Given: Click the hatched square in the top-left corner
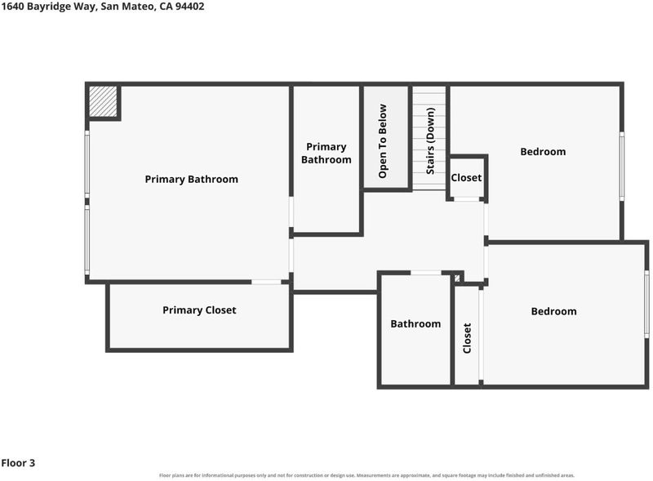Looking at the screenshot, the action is (104, 101).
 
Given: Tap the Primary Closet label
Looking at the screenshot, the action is (199, 310).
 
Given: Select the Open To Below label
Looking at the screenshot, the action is (382, 141).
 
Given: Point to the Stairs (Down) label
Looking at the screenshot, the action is (430, 141).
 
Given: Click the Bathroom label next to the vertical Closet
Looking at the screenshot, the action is (415, 324).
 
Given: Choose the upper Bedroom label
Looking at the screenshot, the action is (543, 152).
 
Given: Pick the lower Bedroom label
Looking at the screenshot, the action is (554, 311).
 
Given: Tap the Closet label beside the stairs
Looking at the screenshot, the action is (466, 177).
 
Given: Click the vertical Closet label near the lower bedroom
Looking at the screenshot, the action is (467, 338).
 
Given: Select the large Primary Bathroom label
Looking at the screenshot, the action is (192, 179).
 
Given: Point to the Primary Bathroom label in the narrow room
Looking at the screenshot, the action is (326, 153).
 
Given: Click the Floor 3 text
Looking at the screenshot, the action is (18, 463).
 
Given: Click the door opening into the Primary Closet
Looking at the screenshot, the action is (266, 283).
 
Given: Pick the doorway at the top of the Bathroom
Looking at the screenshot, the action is (426, 273).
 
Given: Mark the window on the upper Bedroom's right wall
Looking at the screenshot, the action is (621, 167).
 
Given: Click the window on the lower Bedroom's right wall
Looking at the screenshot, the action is (646, 304).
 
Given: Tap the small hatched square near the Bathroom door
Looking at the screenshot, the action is (457, 278).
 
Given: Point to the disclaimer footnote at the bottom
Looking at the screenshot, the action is (366, 475).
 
